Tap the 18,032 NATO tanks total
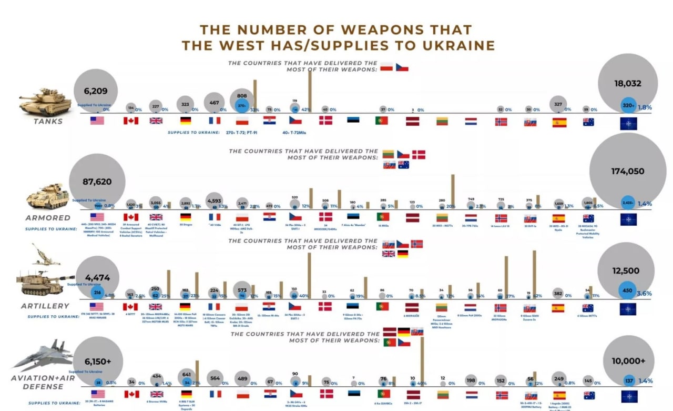(628, 83)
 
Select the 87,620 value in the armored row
(97, 182)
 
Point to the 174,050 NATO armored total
(628, 172)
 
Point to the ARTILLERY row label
(45, 306)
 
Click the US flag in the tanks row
(97, 121)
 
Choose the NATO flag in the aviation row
(628, 396)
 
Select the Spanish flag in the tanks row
(559, 122)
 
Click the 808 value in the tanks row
(242, 96)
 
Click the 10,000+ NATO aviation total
(628, 361)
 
